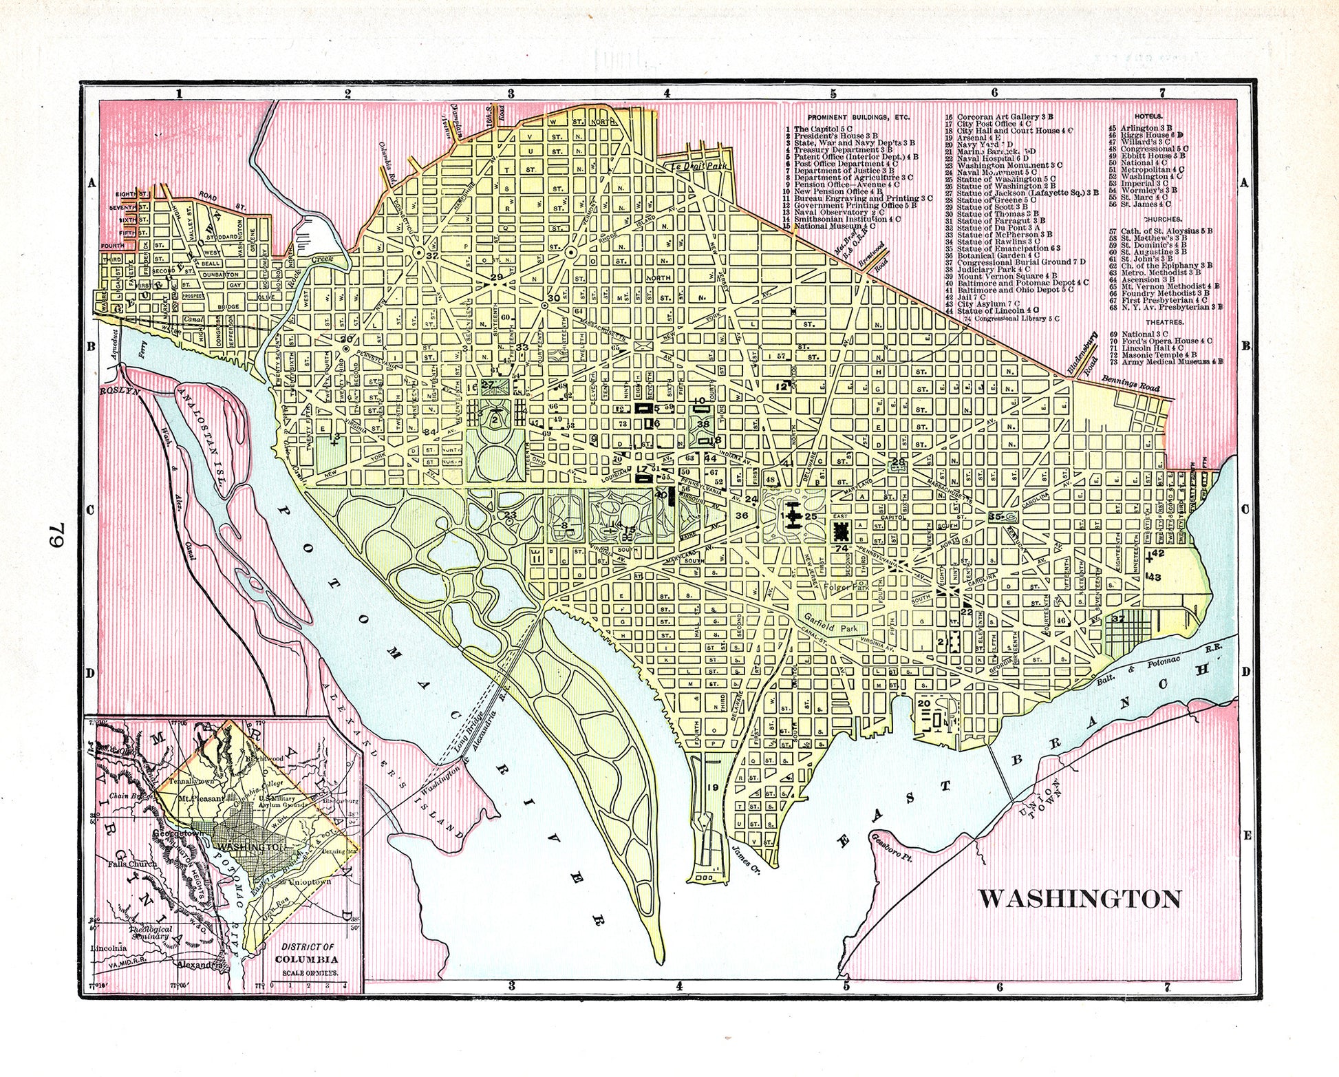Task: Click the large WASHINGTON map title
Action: coord(1080,899)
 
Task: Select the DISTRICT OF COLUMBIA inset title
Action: coord(307,953)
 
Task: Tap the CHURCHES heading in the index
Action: coord(1164,220)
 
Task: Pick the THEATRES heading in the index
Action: coord(1164,322)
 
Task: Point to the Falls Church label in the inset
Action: coord(133,863)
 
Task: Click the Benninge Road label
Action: coord(1130,381)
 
